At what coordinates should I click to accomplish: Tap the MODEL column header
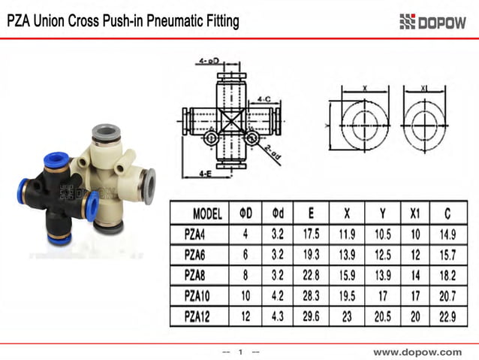point(207,213)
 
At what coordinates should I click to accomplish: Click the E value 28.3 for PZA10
point(311,296)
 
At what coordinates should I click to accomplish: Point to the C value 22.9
point(449,317)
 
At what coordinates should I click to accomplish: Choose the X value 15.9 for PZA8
point(346,275)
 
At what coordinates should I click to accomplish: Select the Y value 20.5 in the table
point(383,317)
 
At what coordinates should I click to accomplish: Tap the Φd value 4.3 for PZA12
point(276,317)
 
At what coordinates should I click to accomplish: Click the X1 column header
point(416,213)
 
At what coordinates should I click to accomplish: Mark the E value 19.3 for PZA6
point(311,255)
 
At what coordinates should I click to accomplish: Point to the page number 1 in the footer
point(241,352)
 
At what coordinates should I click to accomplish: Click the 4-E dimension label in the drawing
point(205,174)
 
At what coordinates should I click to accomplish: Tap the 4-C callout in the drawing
point(264,98)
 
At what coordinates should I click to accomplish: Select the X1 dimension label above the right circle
point(423,88)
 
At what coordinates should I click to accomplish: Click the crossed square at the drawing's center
point(230,119)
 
